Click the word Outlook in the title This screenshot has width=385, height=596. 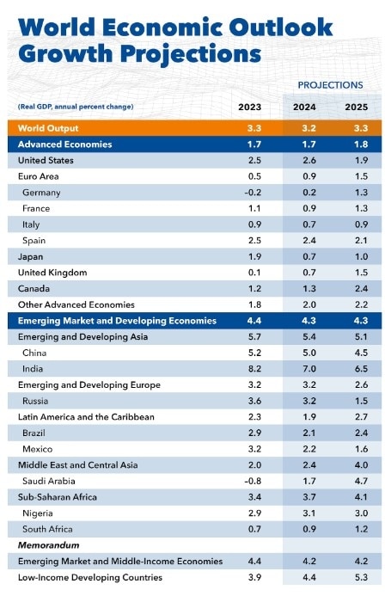(281, 28)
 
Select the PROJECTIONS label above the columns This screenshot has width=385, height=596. (330, 85)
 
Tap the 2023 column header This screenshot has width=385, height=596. (249, 108)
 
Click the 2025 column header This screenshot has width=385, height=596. (356, 108)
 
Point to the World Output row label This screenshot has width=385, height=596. (48, 128)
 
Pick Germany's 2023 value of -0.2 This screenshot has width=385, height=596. (253, 193)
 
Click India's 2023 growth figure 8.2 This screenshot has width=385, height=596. (254, 369)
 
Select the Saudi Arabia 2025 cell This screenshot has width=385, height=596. (361, 481)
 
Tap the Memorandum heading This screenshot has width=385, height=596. (49, 545)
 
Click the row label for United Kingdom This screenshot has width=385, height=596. (52, 273)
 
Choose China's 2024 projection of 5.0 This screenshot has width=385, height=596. (309, 353)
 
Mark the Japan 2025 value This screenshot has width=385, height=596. (361, 256)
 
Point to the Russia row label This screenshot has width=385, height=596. (35, 401)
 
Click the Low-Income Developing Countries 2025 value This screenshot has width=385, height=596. (361, 577)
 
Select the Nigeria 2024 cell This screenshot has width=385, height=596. (309, 513)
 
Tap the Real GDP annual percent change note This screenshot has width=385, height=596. (76, 107)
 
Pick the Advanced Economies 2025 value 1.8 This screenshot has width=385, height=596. (361, 144)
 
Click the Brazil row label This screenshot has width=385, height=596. (34, 433)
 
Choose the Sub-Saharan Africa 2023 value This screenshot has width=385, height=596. (254, 497)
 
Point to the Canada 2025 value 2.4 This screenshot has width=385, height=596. (361, 288)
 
